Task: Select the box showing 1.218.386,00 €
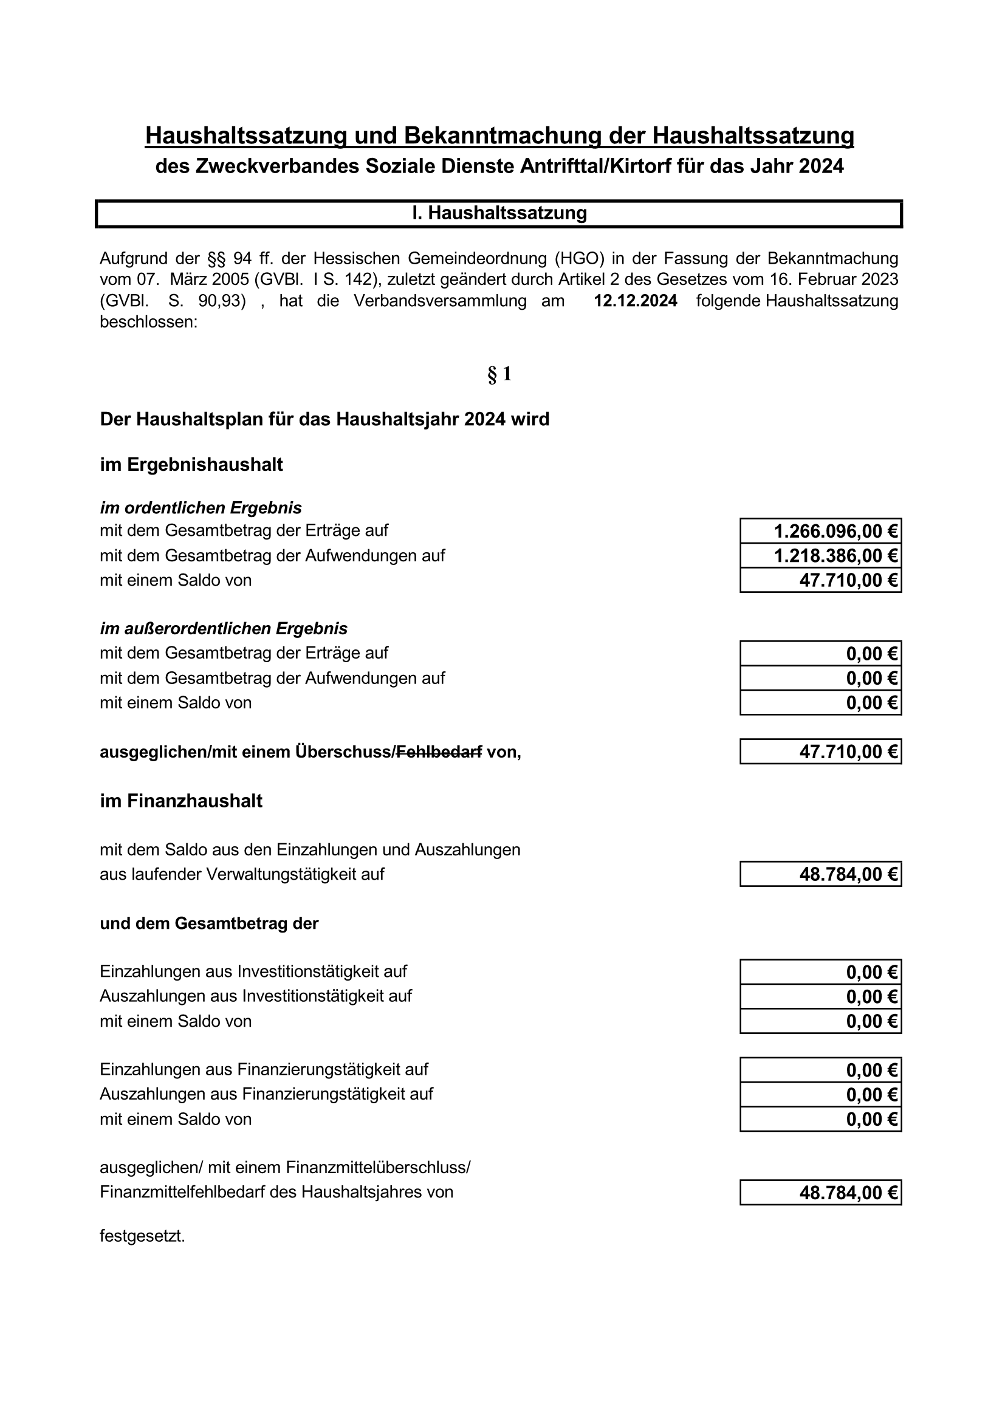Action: [x=820, y=556]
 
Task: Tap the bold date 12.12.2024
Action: [x=635, y=301]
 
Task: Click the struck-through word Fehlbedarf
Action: [x=439, y=753]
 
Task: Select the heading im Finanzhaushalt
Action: [x=180, y=801]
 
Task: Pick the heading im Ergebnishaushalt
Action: [x=191, y=465]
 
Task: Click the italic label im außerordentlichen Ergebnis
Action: [x=224, y=629]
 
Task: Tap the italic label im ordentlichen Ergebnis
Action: [x=201, y=508]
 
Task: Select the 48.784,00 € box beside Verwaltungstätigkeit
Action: [x=820, y=874]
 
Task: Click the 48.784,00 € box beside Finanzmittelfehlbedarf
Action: [x=820, y=1193]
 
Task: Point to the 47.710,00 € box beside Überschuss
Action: [x=820, y=752]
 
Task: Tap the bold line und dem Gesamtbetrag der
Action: [x=208, y=923]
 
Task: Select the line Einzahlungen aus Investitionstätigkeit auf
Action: [x=253, y=971]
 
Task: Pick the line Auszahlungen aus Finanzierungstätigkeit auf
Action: [x=266, y=1094]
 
